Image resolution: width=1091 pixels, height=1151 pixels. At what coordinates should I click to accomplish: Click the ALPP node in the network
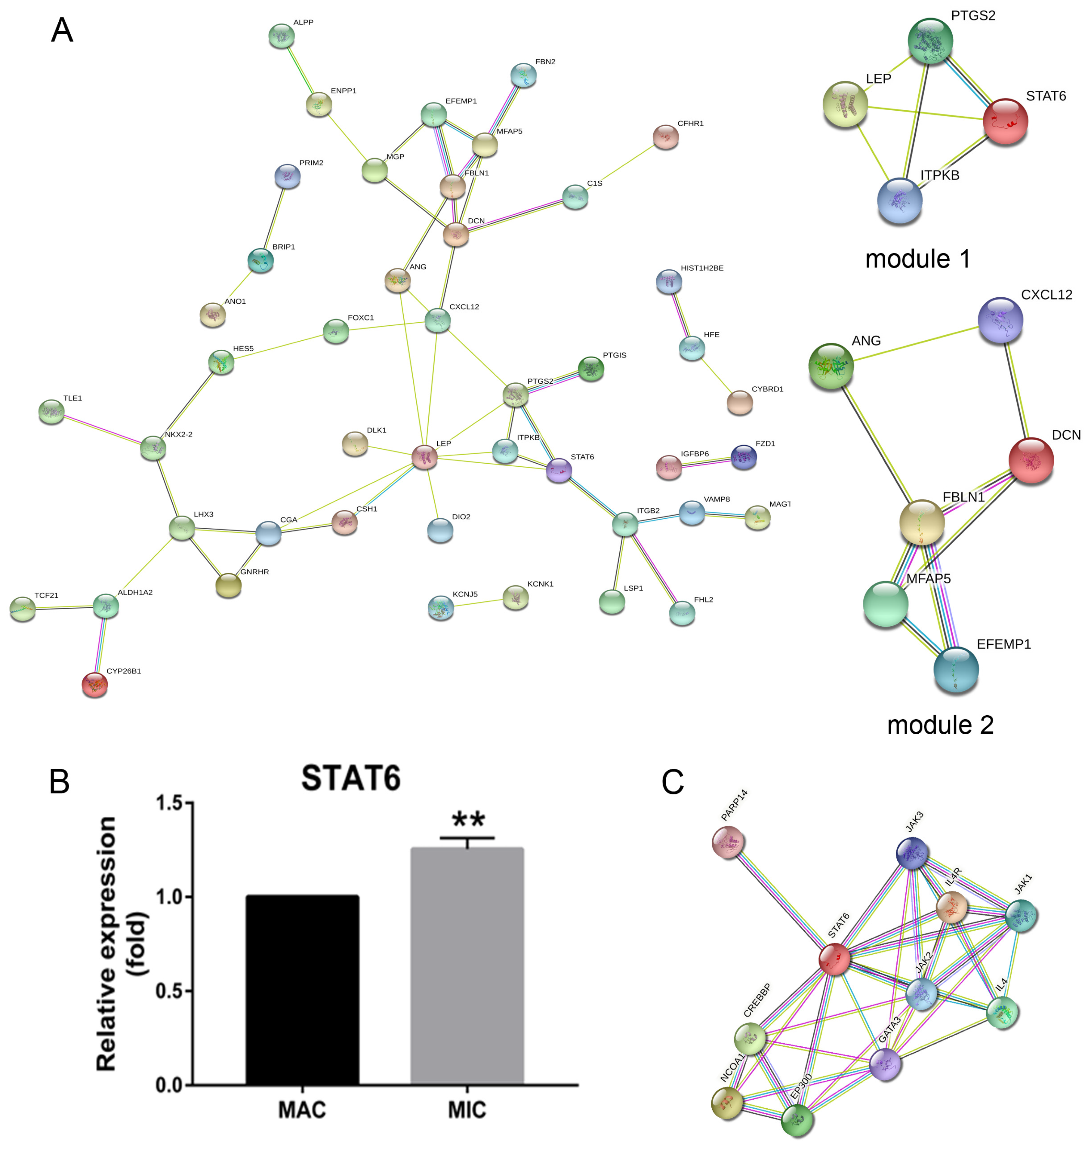point(282,36)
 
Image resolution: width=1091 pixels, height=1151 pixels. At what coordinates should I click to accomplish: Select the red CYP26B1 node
point(95,684)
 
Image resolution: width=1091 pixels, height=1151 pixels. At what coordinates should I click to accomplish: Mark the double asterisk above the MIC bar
point(468,820)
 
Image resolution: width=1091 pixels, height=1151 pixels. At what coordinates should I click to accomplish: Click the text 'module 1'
point(918,259)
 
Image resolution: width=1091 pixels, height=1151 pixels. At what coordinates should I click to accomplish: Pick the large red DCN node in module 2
point(1031,460)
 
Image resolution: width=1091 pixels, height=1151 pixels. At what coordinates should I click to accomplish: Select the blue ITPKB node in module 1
point(899,201)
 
